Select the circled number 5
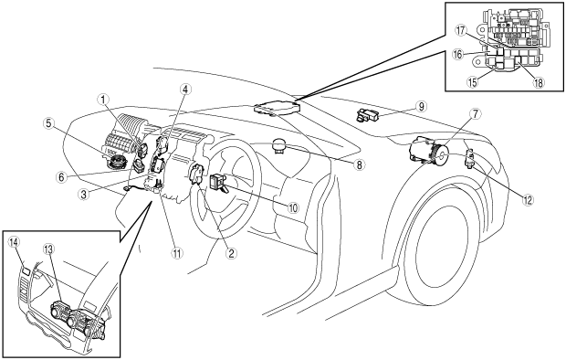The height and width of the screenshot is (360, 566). coord(48,123)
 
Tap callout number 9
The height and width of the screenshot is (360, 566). coord(421,106)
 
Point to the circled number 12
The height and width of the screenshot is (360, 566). coord(528,200)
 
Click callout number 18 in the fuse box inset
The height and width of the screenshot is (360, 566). coord(538,82)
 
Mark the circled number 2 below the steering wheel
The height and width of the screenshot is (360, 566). coord(231,253)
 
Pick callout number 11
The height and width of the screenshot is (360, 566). coord(177,253)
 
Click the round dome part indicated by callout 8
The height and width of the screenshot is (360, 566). coord(279,145)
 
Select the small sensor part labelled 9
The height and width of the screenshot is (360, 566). coord(368,115)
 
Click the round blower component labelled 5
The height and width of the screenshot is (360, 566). coord(116,160)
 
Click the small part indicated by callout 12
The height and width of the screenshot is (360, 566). coord(470,157)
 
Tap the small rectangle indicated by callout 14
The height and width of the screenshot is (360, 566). coord(26,270)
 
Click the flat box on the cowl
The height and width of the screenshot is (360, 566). coord(277,108)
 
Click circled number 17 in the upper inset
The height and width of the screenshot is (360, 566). coord(461,30)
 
